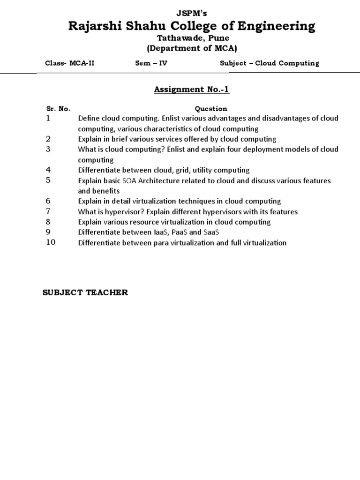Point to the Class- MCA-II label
(69, 63)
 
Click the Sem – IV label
(151, 63)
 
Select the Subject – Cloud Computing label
(269, 63)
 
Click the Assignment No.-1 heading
(192, 90)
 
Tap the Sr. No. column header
(58, 109)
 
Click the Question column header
(211, 109)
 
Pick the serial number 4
(48, 170)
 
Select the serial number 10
(51, 242)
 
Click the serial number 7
(48, 211)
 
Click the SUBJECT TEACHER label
(85, 292)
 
